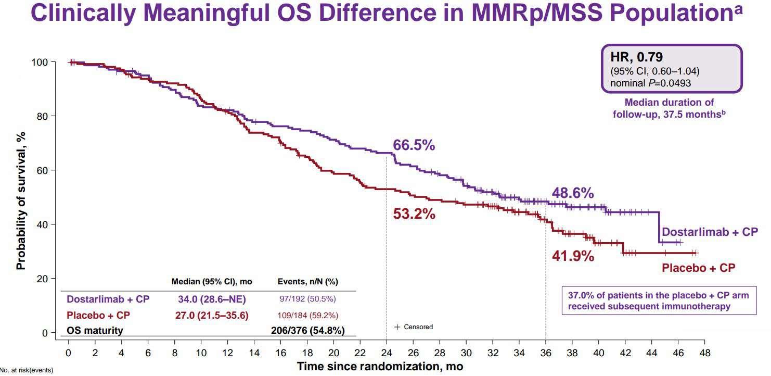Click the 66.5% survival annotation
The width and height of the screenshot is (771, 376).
(414, 145)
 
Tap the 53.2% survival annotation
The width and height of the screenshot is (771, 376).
(414, 214)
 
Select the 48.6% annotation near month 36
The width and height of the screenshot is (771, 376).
(573, 193)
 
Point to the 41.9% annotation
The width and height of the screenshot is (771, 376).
(573, 256)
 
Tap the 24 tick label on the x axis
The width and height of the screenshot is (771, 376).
(387, 353)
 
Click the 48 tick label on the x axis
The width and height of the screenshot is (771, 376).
(704, 353)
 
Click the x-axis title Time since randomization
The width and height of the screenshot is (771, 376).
(379, 366)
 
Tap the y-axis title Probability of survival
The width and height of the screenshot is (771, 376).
(21, 200)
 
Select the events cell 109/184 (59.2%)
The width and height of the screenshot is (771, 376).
(308, 315)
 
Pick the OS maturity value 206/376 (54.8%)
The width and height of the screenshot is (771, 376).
(307, 330)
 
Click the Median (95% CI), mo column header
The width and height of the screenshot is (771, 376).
(212, 282)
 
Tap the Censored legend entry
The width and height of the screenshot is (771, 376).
(414, 327)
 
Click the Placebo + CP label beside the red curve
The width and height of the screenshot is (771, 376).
(698, 268)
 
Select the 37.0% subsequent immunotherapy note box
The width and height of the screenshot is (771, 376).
(659, 300)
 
